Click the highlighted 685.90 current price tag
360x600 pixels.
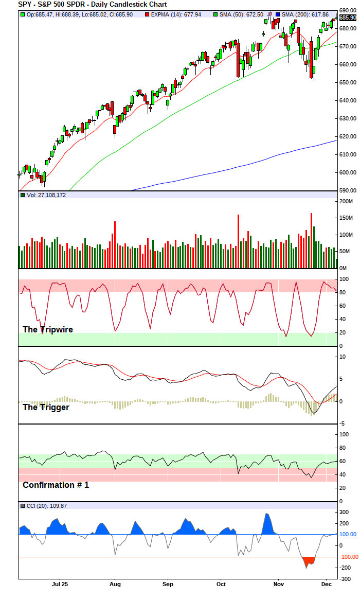tap(348, 17)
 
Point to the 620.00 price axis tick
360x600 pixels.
tap(348, 136)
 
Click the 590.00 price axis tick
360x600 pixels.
tap(348, 190)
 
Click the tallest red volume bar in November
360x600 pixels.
tap(311, 241)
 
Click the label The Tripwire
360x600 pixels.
tap(47, 329)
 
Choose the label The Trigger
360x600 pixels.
tap(46, 407)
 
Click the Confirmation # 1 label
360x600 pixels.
tap(56, 485)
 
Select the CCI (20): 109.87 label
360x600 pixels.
tap(45, 506)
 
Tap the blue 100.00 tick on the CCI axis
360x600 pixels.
tap(347, 535)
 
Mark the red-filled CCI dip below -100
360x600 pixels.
tap(309, 561)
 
